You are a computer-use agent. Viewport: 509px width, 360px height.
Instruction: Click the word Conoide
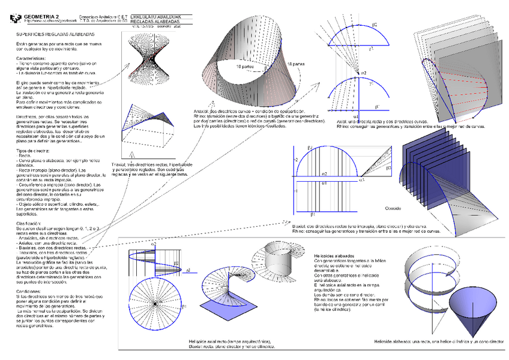[393, 208]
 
